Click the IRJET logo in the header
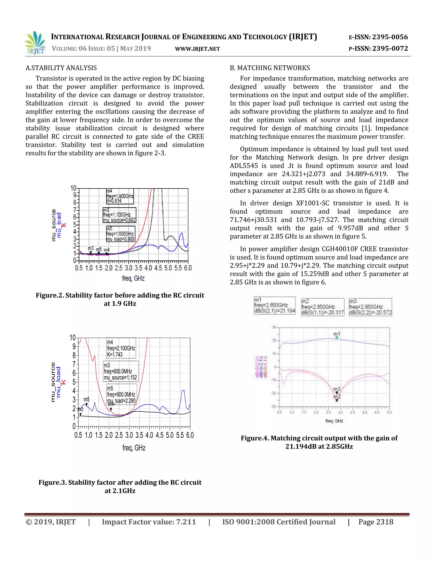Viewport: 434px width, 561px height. tap(35, 43)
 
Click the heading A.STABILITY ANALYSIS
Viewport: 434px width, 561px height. tap(61, 68)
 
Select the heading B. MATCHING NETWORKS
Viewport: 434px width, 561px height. tap(270, 68)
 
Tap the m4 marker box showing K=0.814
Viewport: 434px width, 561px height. tap(120, 196)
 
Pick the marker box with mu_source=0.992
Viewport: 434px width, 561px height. tap(119, 215)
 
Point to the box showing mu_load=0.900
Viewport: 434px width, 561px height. tap(120, 234)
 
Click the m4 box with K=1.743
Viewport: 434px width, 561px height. tap(121, 348)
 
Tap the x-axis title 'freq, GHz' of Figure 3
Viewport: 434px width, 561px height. tap(134, 448)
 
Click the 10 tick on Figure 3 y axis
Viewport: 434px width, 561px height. tap(73, 338)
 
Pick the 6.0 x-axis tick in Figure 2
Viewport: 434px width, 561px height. tap(188, 268)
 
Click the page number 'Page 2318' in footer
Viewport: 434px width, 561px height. tap(376, 522)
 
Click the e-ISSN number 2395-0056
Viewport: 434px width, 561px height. tap(390, 37)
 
